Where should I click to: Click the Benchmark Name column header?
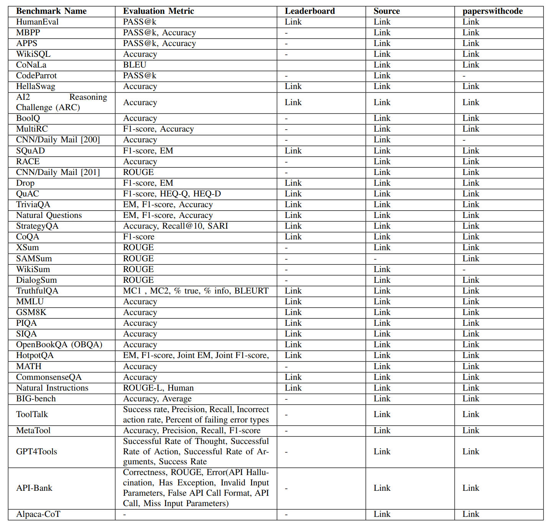click(x=51, y=11)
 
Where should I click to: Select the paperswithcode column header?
click(x=492, y=11)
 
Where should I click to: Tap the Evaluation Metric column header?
click(x=158, y=11)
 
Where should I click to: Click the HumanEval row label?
click(x=37, y=22)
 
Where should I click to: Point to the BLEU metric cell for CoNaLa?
click(x=135, y=65)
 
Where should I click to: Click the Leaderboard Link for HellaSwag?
click(x=293, y=86)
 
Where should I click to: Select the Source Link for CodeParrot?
click(x=382, y=76)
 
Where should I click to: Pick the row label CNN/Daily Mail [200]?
click(x=58, y=140)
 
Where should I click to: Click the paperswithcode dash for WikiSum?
click(x=464, y=270)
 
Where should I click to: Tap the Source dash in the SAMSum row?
click(x=375, y=259)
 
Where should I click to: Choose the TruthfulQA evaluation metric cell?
click(x=195, y=291)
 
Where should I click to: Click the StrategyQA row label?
click(x=37, y=226)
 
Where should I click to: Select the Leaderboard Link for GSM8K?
click(x=293, y=312)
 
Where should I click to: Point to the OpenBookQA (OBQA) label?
click(x=59, y=345)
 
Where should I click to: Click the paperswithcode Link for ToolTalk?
click(x=470, y=414)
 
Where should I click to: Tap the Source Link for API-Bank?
click(x=382, y=488)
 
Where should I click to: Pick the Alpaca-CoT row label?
click(x=38, y=514)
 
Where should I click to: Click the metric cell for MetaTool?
click(x=191, y=431)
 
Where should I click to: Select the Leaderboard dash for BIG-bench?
click(x=286, y=399)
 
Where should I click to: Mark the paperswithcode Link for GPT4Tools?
click(x=470, y=452)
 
